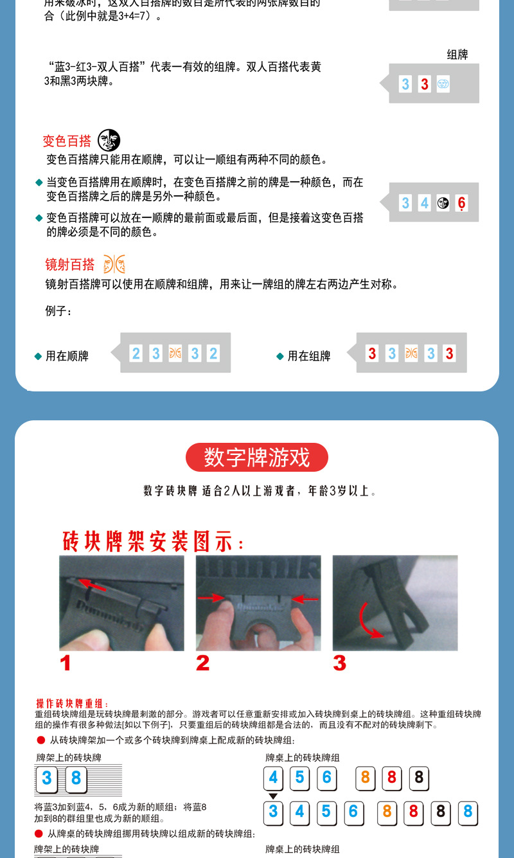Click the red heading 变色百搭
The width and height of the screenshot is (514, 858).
pos(67,141)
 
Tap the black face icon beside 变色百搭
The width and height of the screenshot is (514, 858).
pos(109,140)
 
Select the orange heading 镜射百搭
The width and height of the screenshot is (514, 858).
pos(69,265)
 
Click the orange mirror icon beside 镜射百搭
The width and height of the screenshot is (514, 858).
pos(114,264)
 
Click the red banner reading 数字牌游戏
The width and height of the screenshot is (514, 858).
pos(256,458)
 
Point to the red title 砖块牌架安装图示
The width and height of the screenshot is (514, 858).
pos(153,542)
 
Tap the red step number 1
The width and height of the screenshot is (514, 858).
pos(66,663)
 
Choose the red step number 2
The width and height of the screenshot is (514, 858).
pos(202,663)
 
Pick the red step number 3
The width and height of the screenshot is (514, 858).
pos(339,663)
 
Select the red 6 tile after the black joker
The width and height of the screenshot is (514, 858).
pos(461,204)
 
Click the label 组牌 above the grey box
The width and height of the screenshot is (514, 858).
pos(457,55)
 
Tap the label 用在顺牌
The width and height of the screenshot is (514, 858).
pos(67,356)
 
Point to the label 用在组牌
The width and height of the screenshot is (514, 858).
pos(308,356)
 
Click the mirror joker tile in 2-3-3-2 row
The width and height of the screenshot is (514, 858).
pos(175,353)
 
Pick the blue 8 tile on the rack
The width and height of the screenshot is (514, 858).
pos(76,779)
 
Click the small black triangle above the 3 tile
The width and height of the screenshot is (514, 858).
pos(273,796)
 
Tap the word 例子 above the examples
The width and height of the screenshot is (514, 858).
pos(58,312)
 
